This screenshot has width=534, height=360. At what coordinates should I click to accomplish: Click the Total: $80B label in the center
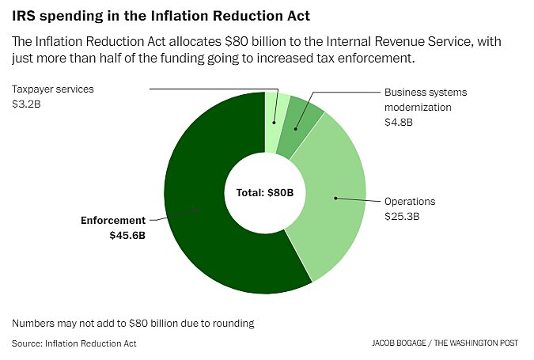pos(264,192)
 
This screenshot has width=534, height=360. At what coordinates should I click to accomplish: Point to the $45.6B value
pos(127,236)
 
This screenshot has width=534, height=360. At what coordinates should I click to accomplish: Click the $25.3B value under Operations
pos(403,216)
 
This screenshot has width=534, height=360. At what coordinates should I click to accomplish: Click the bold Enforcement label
pos(113,221)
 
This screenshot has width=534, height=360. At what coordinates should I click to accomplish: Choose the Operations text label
pos(410,202)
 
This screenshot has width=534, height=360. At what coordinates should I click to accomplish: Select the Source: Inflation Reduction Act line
pos(74,343)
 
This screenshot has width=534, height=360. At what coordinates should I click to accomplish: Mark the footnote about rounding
pos(132,324)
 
